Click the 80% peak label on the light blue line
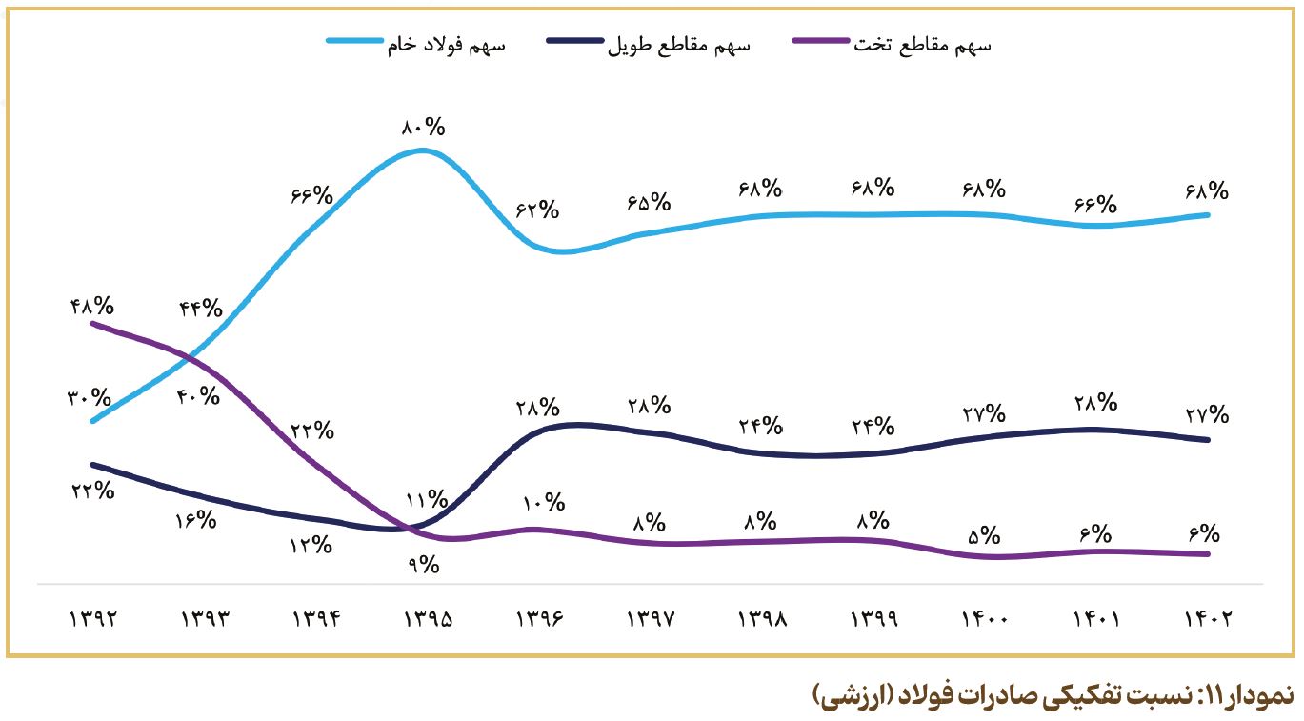click(x=425, y=128)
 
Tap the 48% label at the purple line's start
click(x=92, y=307)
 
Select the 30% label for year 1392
click(x=90, y=398)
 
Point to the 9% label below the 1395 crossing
click(x=424, y=565)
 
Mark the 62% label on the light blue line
click(x=537, y=210)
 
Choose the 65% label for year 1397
click(x=649, y=202)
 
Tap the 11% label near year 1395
click(x=425, y=499)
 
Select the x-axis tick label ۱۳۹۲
click(x=92, y=619)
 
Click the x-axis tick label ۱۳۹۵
click(x=427, y=619)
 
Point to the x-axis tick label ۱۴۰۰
click(x=984, y=619)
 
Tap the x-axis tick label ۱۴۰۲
click(x=1207, y=619)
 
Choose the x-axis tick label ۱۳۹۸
click(x=761, y=619)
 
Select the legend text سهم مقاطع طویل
click(x=679, y=46)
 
